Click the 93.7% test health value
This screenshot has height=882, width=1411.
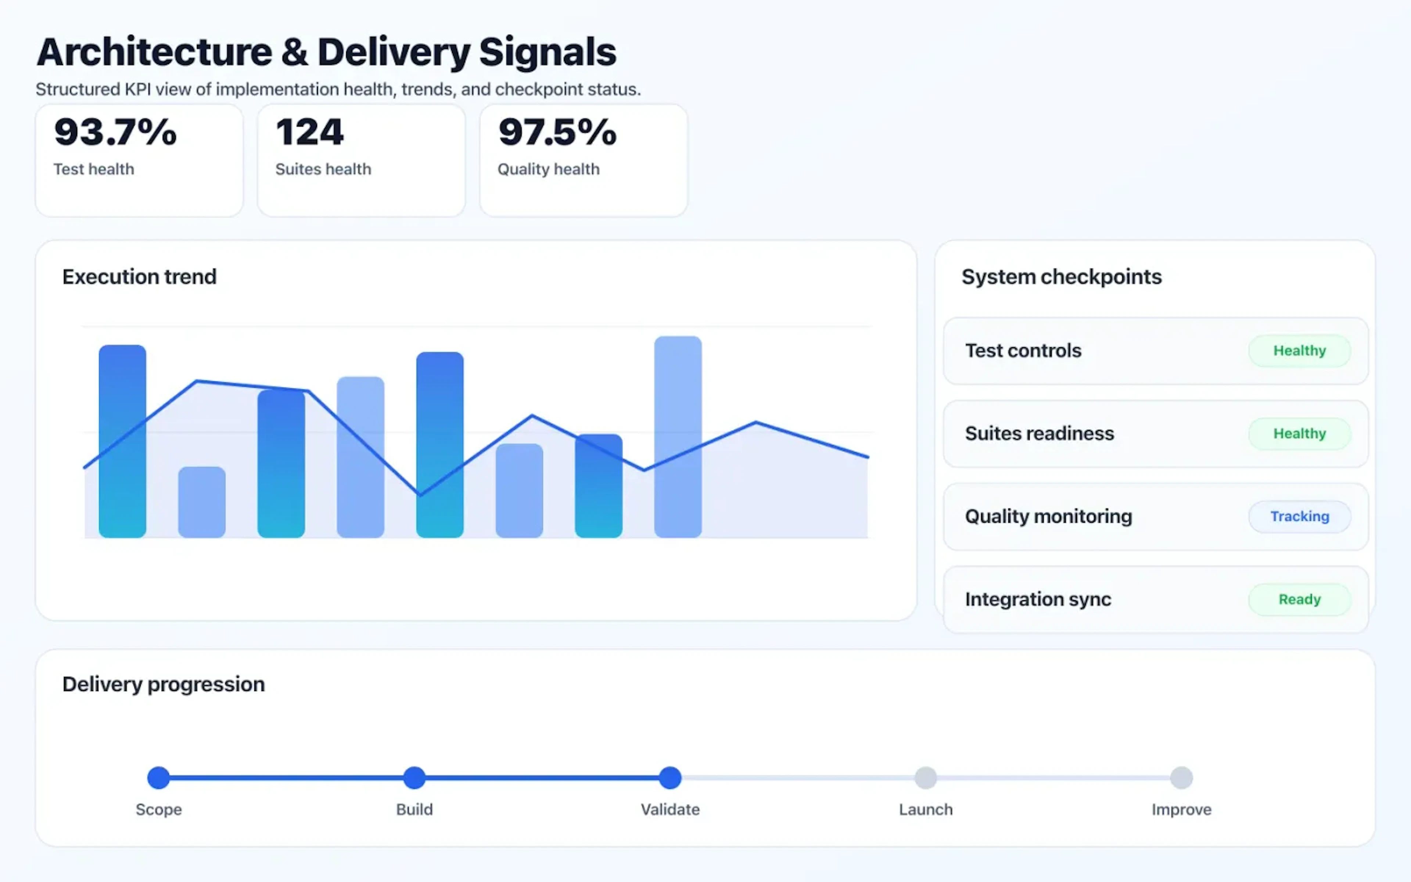click(115, 132)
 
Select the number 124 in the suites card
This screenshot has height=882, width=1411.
click(310, 132)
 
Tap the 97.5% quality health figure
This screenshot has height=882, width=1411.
click(557, 132)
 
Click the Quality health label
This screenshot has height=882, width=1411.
click(548, 169)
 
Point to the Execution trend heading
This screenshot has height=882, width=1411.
click(139, 276)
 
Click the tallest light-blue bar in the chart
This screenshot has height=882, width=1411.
click(678, 436)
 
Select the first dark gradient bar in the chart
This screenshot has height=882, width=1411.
click(122, 441)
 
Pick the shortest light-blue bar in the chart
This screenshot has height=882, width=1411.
click(202, 502)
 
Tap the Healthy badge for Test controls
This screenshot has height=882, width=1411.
click(1299, 351)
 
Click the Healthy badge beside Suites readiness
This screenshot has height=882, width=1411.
click(1299, 433)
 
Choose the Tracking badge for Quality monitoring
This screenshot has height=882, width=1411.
click(1299, 516)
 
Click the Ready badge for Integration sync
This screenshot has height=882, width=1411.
click(1299, 599)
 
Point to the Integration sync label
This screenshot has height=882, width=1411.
click(1038, 599)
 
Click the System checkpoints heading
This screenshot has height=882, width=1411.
click(1061, 276)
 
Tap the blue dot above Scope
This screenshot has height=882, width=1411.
click(159, 778)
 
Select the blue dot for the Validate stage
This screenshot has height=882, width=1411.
click(670, 778)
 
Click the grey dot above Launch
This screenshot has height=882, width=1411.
click(925, 778)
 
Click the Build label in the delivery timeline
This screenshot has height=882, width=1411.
click(414, 810)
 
